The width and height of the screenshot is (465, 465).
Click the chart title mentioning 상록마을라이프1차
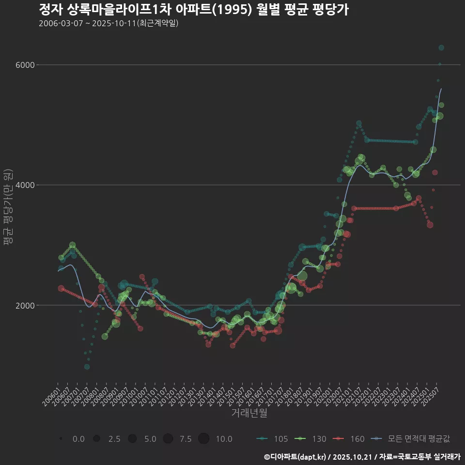coord(194,10)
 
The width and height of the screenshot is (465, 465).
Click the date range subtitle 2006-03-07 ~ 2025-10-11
coord(109,23)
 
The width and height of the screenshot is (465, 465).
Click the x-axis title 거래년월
coord(249,413)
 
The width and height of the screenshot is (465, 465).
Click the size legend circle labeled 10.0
coord(203,439)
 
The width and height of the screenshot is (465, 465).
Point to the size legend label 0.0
coord(78,439)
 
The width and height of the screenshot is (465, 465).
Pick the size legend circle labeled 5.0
coord(132,439)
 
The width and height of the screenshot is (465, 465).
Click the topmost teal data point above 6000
coord(441,47)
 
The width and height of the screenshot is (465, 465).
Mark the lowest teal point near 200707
coord(87,367)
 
